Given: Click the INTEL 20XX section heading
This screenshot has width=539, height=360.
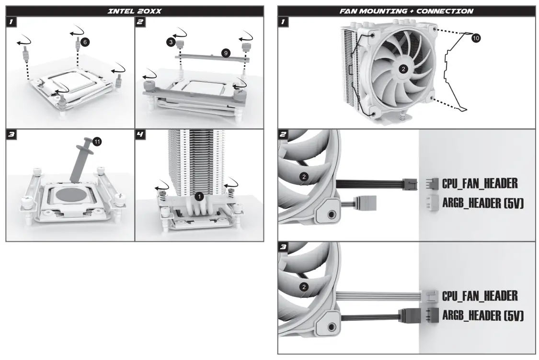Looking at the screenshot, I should pos(134,11).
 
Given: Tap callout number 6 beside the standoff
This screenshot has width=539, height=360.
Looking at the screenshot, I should pos(85,42).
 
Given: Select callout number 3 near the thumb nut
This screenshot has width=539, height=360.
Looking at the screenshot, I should pos(170,43).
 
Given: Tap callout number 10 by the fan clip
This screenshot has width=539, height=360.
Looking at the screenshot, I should pos(475,37).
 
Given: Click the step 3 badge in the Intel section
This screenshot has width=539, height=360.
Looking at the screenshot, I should pos(11,135).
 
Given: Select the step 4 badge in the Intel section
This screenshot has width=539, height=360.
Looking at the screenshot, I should pos(140,135).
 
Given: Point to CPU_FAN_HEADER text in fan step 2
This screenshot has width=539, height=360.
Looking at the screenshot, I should pos(480,183).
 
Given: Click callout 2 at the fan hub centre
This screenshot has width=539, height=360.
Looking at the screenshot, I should pos(403,69).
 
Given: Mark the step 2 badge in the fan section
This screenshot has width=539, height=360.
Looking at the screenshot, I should pos(283,135).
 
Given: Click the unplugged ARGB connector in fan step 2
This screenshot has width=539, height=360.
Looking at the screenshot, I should pos(368,203).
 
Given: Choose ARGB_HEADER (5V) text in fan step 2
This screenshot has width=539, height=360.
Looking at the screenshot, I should pos(482,204).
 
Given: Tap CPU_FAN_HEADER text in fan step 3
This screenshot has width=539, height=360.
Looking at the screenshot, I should pos(480,295).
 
